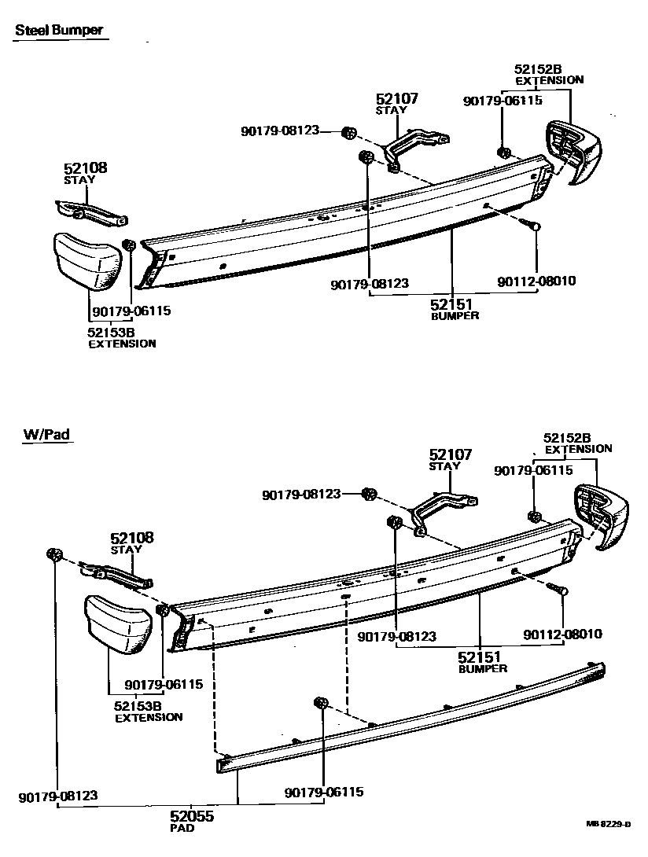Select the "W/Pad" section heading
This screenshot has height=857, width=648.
[x=45, y=433]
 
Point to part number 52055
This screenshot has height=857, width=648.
[x=192, y=817]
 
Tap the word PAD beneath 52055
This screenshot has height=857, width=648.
[x=181, y=829]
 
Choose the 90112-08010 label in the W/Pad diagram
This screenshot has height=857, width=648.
[x=563, y=634]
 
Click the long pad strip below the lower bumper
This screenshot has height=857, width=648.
[x=409, y=719]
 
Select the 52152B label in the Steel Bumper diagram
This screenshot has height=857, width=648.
[x=539, y=68]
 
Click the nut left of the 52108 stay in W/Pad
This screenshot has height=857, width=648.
[x=54, y=555]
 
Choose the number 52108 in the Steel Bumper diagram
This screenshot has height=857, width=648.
[x=86, y=168]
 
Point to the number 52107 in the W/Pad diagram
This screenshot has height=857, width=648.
[x=451, y=454]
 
